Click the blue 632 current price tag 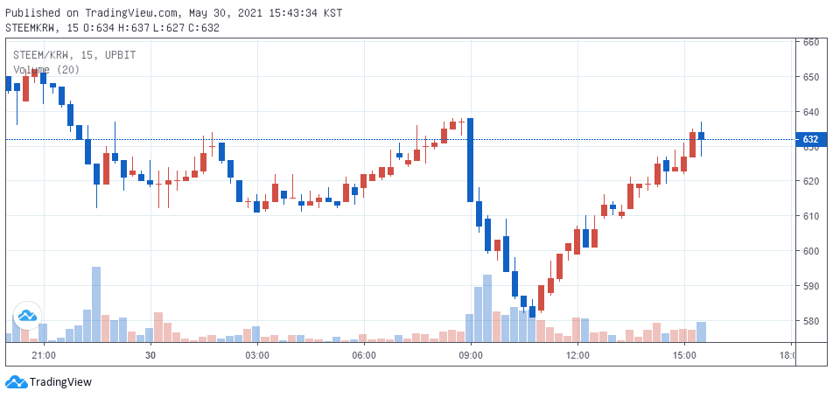[x=812, y=140]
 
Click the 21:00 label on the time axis [x=44, y=354]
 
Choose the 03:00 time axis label [x=257, y=354]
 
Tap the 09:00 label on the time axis [x=471, y=354]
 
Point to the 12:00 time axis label [x=577, y=354]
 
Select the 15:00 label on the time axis [x=684, y=354]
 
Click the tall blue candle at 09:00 [x=470, y=160]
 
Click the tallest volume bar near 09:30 [x=487, y=308]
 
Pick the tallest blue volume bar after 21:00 [x=96, y=304]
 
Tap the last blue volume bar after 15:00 [x=701, y=332]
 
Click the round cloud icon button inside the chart [x=27, y=316]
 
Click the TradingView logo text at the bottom [x=60, y=381]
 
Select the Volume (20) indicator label [x=46, y=70]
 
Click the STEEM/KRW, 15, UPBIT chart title [x=74, y=55]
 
